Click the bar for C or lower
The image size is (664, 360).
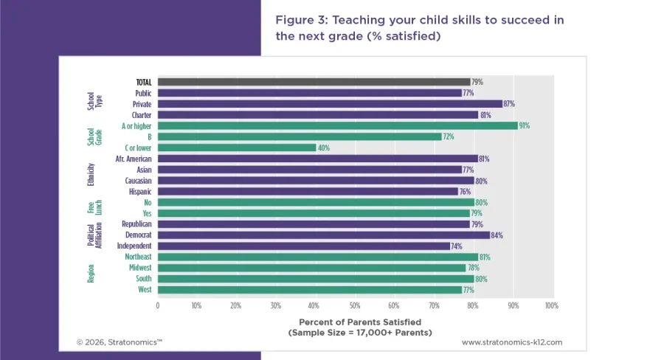point(236,148)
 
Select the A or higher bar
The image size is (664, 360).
point(337,126)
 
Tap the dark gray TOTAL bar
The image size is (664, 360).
point(314,82)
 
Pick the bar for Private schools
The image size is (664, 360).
point(329,104)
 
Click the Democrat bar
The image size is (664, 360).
point(323,235)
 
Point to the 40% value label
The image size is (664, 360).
point(324,148)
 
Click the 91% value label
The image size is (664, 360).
point(525,126)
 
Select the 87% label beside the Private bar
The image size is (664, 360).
point(509,104)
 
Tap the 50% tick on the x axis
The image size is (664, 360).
point(354,305)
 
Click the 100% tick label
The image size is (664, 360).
point(551,305)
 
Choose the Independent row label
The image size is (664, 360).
point(134,246)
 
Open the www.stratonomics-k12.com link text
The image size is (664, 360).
point(512,342)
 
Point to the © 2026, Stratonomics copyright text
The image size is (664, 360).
point(120,342)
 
